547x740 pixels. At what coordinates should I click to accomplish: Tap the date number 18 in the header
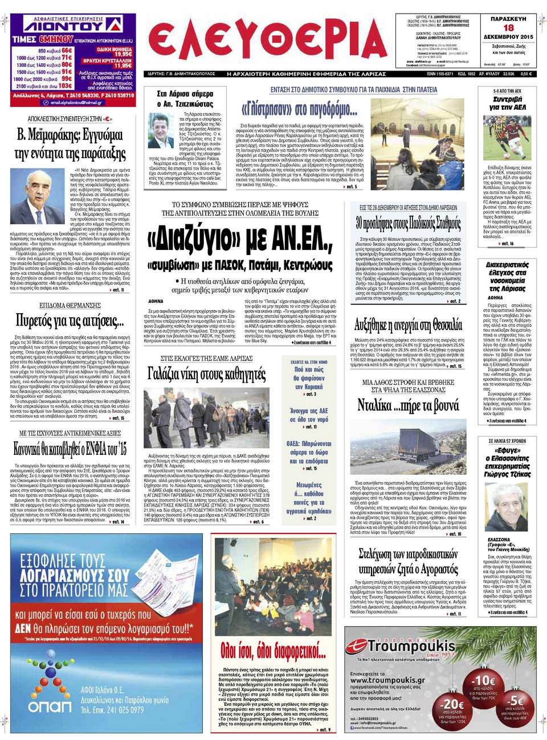pos(508,27)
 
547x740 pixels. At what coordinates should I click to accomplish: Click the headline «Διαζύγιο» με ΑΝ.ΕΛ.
pos(239,237)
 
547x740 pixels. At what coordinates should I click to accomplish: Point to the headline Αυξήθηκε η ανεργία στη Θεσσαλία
pos(408,325)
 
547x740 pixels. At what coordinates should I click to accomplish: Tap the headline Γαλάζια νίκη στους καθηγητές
pos(206,374)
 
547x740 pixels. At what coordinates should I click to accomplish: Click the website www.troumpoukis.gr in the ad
pos(387,680)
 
